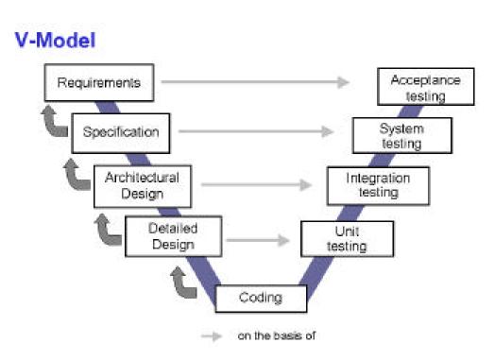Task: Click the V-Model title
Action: pyautogui.click(x=55, y=42)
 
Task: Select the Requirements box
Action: pyautogui.click(x=98, y=82)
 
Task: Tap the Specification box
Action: pyautogui.click(x=121, y=131)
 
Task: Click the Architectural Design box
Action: pyautogui.click(x=142, y=184)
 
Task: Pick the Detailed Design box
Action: pyautogui.click(x=173, y=236)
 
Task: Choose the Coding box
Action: pyautogui.click(x=261, y=298)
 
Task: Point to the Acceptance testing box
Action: pyautogui.click(x=425, y=88)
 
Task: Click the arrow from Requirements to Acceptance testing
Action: pyautogui.click(x=255, y=82)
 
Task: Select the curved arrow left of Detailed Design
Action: pyautogui.click(x=108, y=230)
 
